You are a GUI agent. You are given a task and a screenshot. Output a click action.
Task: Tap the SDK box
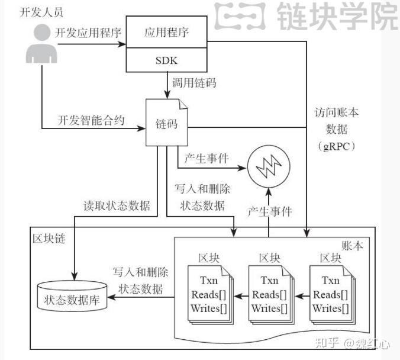tap(169, 61)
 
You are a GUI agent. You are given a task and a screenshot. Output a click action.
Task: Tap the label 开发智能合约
tap(91, 121)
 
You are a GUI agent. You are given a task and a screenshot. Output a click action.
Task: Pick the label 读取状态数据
tap(116, 207)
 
